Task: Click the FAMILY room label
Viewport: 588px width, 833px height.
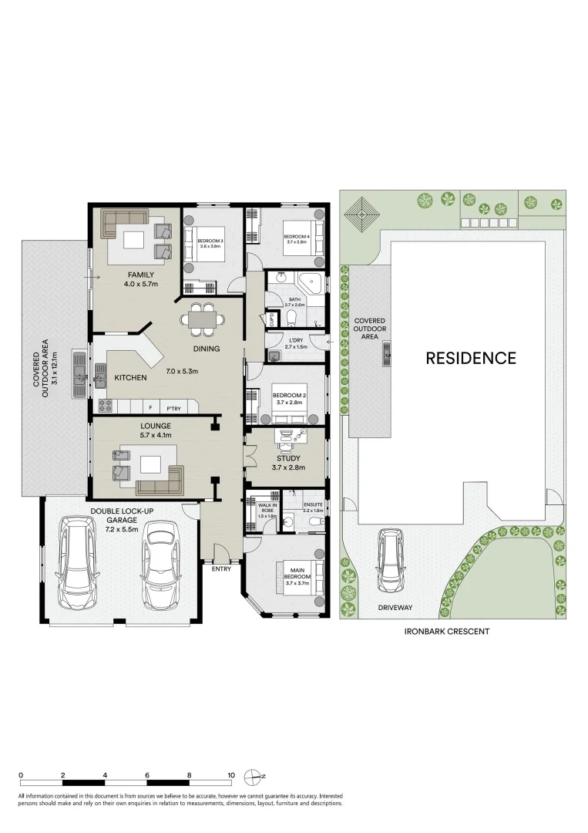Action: coord(141,275)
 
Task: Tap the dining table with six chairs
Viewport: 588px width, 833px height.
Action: coord(203,319)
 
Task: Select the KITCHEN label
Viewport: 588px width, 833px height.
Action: coord(131,378)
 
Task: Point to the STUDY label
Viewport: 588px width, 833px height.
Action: coord(289,458)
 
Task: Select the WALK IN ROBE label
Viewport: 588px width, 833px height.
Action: coord(267,511)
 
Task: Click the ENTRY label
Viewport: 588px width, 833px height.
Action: coord(221,568)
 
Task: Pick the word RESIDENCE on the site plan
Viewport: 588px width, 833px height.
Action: coord(470,358)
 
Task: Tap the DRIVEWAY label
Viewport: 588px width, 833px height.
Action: coord(395,608)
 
